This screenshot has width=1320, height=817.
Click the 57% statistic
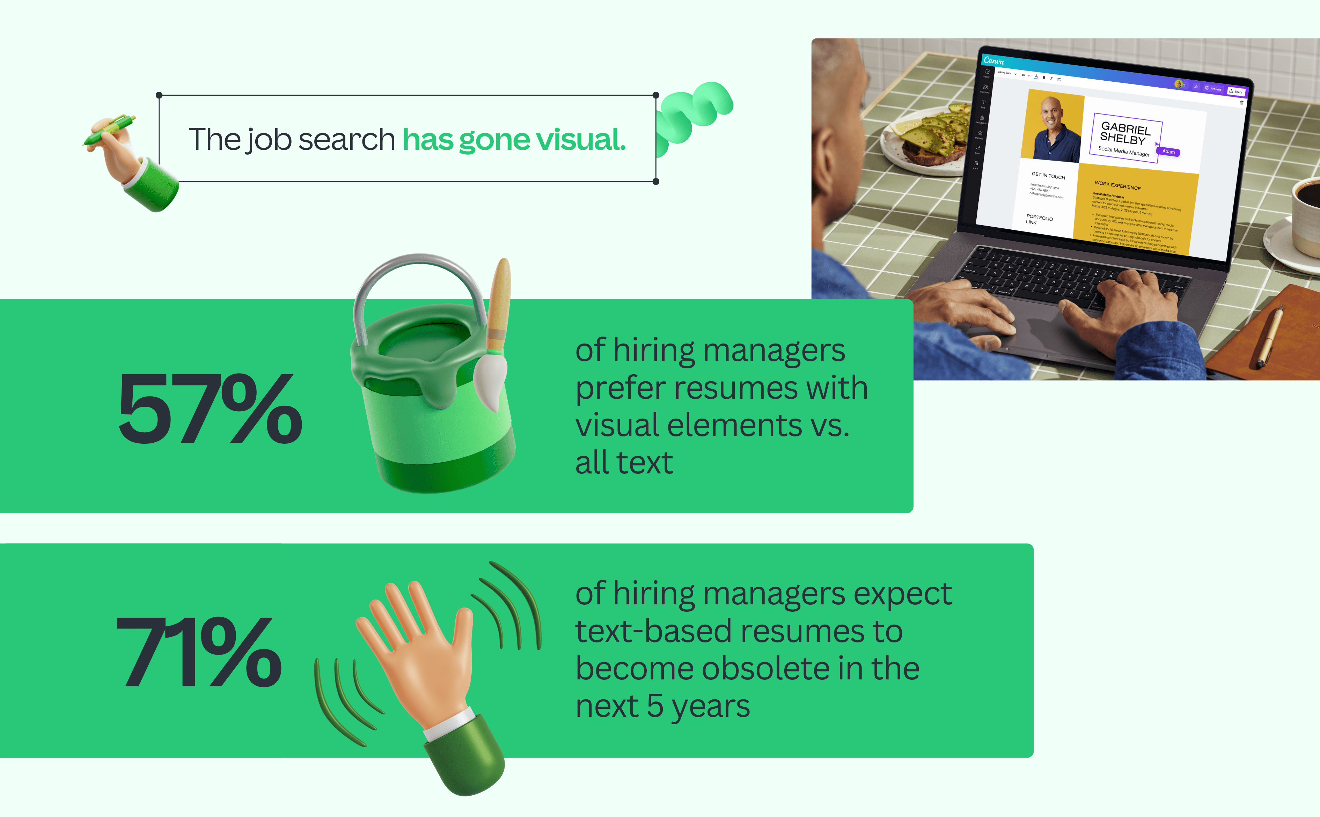210,409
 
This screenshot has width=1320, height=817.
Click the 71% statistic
199,652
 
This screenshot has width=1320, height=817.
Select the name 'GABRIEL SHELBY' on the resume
1124,133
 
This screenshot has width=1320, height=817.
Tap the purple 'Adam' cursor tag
1168,152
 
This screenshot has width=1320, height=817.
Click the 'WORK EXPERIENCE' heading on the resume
1117,185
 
